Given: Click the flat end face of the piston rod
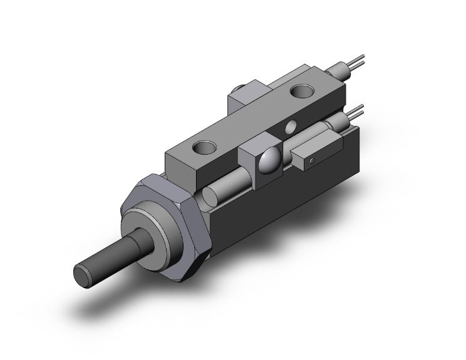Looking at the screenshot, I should pos(83,274).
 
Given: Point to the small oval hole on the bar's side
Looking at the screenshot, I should pos(290,128).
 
